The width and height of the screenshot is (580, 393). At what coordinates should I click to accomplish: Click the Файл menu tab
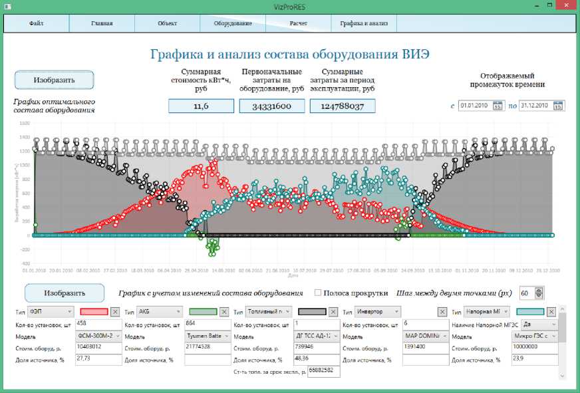(37, 23)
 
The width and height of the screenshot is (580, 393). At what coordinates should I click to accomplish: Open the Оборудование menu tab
(233, 23)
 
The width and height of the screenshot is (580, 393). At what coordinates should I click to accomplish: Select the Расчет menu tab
(298, 23)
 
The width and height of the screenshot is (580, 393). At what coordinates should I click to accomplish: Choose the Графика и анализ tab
(363, 23)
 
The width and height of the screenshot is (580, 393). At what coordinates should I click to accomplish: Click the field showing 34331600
(271, 106)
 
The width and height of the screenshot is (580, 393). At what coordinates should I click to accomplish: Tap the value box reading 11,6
(201, 106)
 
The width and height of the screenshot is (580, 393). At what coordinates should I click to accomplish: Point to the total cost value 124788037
(342, 106)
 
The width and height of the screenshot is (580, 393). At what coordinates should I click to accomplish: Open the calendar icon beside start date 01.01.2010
(497, 106)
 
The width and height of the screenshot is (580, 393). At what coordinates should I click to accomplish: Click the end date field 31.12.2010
(535, 106)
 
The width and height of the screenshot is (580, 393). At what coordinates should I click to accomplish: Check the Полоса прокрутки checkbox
(318, 293)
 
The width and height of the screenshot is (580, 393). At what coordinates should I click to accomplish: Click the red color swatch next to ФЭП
(93, 311)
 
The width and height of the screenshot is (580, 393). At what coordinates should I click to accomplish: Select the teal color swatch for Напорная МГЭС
(529, 311)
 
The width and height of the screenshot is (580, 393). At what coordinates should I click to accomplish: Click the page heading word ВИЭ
(416, 53)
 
